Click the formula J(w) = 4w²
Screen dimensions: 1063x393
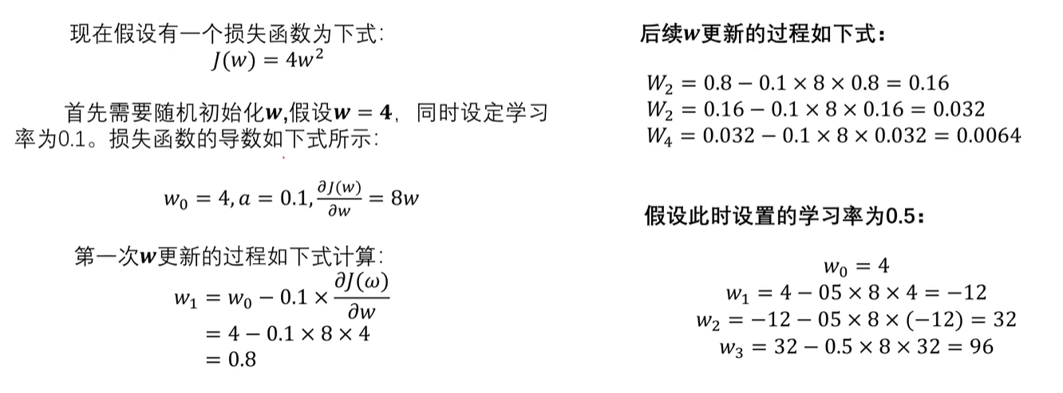coord(267,60)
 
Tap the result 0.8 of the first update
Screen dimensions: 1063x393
coord(242,360)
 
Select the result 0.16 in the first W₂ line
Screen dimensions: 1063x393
coord(929,83)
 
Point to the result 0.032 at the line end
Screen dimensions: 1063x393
coord(958,109)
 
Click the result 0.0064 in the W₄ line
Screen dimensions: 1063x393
coord(989,136)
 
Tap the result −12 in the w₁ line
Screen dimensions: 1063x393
coord(967,293)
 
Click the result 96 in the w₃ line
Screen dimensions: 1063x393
coord(982,347)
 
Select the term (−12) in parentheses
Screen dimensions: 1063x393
coord(935,320)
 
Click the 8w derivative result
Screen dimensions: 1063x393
coord(405,198)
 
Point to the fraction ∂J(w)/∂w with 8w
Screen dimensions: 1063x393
coord(339,198)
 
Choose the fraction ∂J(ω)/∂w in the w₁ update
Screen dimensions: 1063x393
coord(362,297)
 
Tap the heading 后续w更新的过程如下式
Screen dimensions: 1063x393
coord(762,34)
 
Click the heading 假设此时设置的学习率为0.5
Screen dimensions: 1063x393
coord(784,216)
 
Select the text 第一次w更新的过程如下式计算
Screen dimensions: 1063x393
coord(229,257)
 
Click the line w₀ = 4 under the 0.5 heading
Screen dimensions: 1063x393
coord(856,267)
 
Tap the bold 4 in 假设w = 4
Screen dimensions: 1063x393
coord(385,113)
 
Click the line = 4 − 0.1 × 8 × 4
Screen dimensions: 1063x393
coord(287,334)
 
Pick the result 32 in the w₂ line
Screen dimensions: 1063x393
coord(1005,320)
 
